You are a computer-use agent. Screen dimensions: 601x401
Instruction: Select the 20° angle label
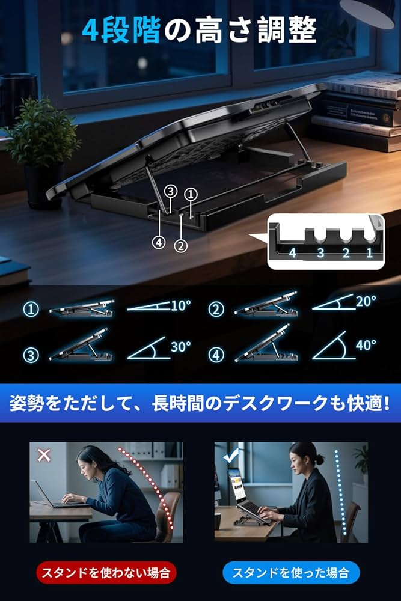pos(365,300)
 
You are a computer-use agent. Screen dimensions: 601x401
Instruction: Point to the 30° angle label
pos(180,346)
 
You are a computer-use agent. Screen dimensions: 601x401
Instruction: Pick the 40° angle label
pos(365,345)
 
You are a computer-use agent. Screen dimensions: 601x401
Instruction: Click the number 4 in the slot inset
pos(292,252)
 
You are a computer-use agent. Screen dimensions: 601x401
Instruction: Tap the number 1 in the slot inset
pos(369,252)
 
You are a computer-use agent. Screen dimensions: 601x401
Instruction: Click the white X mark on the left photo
pos(44,455)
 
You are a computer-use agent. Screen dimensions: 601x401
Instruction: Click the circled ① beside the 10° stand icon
pos(31,310)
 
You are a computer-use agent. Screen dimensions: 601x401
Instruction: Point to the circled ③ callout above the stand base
pos(171,192)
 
